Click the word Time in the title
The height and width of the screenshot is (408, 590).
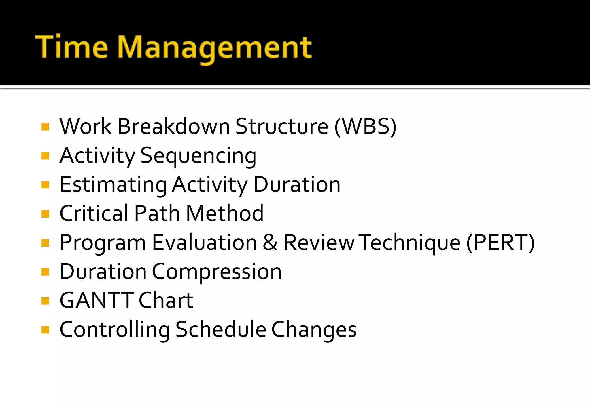tap(71, 47)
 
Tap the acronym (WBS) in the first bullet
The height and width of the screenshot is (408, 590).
tap(365, 127)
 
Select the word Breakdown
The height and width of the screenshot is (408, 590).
tap(173, 127)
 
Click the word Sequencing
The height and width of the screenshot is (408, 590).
tap(198, 156)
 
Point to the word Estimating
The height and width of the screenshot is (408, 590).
tap(113, 185)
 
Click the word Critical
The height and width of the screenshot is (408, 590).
tap(94, 213)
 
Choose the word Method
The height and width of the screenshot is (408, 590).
tap(225, 213)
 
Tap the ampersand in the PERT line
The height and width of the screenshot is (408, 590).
tap(270, 243)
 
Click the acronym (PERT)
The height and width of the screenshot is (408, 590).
tap(500, 243)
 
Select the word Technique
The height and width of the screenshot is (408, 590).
tap(411, 243)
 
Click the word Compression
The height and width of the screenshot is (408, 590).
tap(217, 272)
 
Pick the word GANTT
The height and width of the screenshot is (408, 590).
tap(97, 300)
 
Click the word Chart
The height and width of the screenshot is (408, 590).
tap(166, 300)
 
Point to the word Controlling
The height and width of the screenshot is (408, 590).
tap(115, 330)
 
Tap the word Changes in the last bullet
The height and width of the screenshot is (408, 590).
tap(314, 330)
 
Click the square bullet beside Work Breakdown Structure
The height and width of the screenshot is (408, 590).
tap(45, 127)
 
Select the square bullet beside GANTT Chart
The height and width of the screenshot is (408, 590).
tap(45, 301)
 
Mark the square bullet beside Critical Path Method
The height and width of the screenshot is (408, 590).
tap(45, 214)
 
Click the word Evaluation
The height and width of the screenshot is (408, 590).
tap(204, 243)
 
